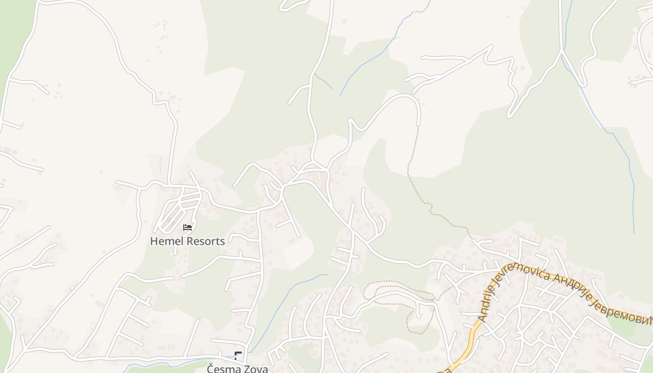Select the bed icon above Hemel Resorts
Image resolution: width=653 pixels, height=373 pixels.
pos(188,228)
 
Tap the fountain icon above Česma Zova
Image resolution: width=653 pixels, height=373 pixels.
pos(238,356)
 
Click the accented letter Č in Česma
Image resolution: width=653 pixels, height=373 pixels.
pos(211,369)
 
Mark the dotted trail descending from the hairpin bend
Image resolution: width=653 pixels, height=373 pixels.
pos(410,163)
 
